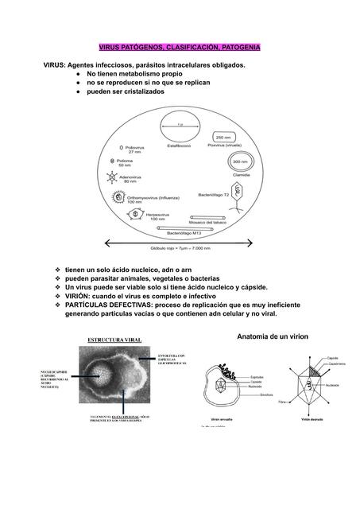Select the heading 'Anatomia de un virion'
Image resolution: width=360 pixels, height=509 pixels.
[272, 338]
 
